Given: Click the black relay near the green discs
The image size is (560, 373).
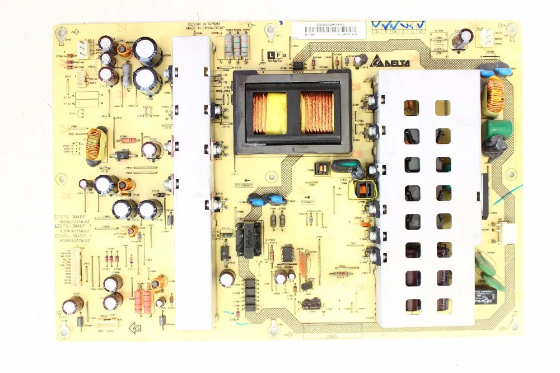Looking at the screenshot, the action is point(489,295).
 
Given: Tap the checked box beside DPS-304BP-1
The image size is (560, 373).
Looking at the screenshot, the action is point(57,226).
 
